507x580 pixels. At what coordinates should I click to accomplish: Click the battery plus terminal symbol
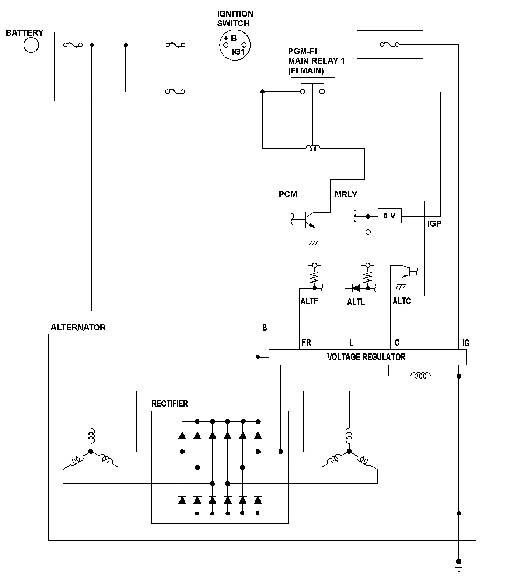[31, 45]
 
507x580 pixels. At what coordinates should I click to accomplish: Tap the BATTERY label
[25, 33]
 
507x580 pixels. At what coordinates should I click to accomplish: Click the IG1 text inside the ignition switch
[238, 52]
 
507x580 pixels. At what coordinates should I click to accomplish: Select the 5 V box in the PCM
[389, 216]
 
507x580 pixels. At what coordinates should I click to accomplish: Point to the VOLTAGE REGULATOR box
[368, 357]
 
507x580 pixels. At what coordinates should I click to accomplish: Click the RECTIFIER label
[170, 404]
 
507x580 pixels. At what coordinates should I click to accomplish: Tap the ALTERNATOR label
[78, 327]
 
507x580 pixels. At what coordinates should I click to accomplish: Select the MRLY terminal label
[346, 194]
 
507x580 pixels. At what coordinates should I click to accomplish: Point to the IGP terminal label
[434, 224]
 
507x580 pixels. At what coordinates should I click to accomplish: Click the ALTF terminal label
[309, 301]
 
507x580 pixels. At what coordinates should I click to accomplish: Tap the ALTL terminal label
[356, 302]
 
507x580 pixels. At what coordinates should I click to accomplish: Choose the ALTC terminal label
[402, 301]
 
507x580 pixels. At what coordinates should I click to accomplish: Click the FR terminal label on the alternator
[306, 343]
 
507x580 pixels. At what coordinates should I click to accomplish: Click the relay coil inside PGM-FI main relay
[313, 148]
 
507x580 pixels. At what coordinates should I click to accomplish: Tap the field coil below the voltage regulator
[420, 376]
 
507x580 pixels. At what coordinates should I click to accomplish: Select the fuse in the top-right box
[390, 45]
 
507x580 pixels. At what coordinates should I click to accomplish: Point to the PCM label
[288, 194]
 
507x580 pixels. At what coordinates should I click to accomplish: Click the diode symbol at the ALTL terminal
[356, 288]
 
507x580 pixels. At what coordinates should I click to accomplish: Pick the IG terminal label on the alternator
[466, 343]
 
